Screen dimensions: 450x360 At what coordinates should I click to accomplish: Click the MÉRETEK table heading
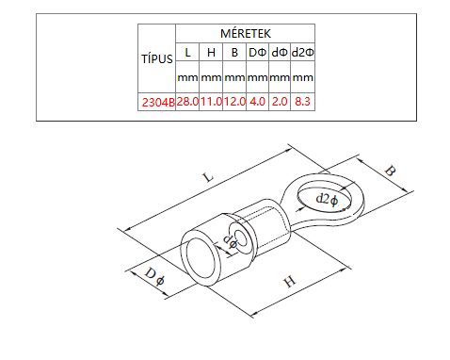246,33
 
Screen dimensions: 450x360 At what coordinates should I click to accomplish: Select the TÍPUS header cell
157,58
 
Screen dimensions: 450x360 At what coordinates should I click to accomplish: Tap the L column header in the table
187,52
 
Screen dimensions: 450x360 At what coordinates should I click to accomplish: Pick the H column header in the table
211,52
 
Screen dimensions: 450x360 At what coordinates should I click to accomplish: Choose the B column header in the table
234,52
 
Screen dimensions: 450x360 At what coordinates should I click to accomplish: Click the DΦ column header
257,52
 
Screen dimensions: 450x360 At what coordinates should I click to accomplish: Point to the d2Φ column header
302,52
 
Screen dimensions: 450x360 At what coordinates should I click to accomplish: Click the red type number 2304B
158,102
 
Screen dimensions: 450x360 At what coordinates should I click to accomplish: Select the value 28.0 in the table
187,102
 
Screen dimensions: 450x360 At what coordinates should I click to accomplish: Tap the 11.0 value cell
211,102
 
